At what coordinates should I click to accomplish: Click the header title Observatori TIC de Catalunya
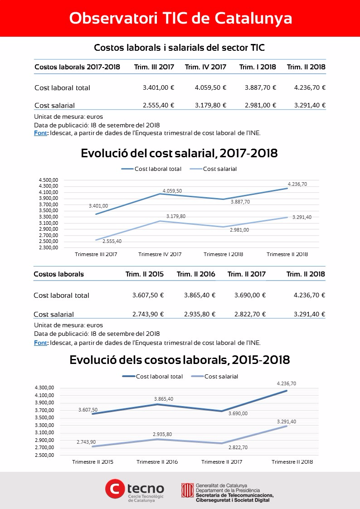(180, 19)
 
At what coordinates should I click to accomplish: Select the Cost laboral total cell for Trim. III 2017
(158, 87)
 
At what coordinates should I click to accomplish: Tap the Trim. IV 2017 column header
(205, 67)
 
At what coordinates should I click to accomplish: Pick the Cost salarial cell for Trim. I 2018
(260, 105)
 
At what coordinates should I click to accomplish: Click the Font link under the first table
(40, 133)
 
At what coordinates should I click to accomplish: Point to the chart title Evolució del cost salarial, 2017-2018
(179, 153)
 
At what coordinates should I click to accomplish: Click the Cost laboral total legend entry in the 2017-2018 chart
(151, 169)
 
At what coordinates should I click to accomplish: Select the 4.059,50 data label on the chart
(172, 191)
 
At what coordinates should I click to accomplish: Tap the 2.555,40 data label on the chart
(112, 241)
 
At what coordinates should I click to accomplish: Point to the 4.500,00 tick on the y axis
(49, 180)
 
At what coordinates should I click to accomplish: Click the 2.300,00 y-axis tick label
(49, 247)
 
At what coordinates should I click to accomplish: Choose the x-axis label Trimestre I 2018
(224, 254)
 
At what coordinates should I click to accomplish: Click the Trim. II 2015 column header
(145, 274)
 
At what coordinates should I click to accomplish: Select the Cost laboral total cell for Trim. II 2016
(199, 295)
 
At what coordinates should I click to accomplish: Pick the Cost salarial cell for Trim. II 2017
(250, 314)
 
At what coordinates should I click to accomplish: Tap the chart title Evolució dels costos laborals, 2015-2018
(180, 360)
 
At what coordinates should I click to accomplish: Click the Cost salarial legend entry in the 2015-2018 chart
(214, 377)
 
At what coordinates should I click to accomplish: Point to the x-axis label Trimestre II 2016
(157, 462)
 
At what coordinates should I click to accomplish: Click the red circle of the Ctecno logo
(115, 488)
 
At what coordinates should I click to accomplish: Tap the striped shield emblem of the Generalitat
(187, 490)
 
